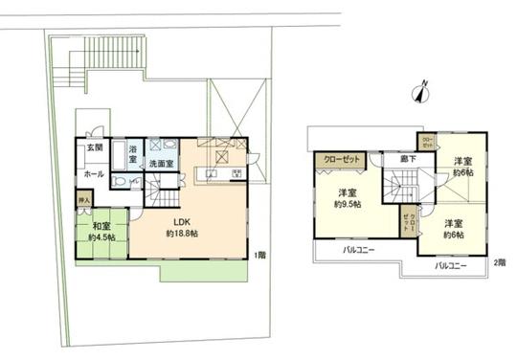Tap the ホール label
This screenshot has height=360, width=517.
pyautogui.click(x=94, y=175)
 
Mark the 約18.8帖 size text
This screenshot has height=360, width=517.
pyautogui.click(x=182, y=235)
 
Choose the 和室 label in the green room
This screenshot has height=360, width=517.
pyautogui.click(x=100, y=225)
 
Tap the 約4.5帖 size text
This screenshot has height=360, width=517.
pyautogui.click(x=100, y=237)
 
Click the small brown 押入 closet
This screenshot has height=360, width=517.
pyautogui.click(x=84, y=201)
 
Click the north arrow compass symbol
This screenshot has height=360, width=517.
pyautogui.click(x=417, y=93)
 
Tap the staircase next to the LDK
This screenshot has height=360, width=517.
pyautogui.click(x=166, y=197)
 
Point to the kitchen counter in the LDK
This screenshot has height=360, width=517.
pyautogui.click(x=213, y=172)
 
